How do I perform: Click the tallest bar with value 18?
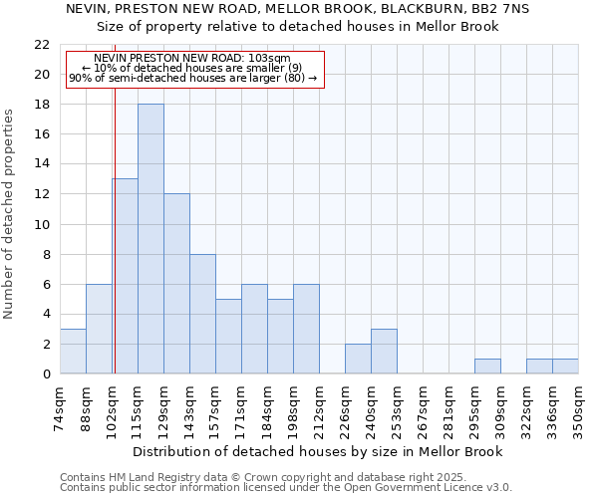point(150,239)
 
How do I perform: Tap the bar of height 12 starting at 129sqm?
point(176,284)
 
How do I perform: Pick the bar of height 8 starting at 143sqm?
point(202,314)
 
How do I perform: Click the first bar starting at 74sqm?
point(73,352)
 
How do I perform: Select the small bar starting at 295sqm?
point(487,367)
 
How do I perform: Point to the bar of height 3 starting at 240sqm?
point(384,352)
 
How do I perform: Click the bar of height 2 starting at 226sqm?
point(358,359)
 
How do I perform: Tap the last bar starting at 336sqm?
point(565,367)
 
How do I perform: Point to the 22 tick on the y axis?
point(41,45)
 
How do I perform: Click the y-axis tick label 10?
point(41,224)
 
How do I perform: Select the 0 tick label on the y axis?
point(45,374)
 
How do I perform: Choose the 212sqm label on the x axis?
point(319,408)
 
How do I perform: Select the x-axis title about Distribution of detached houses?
point(317,451)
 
